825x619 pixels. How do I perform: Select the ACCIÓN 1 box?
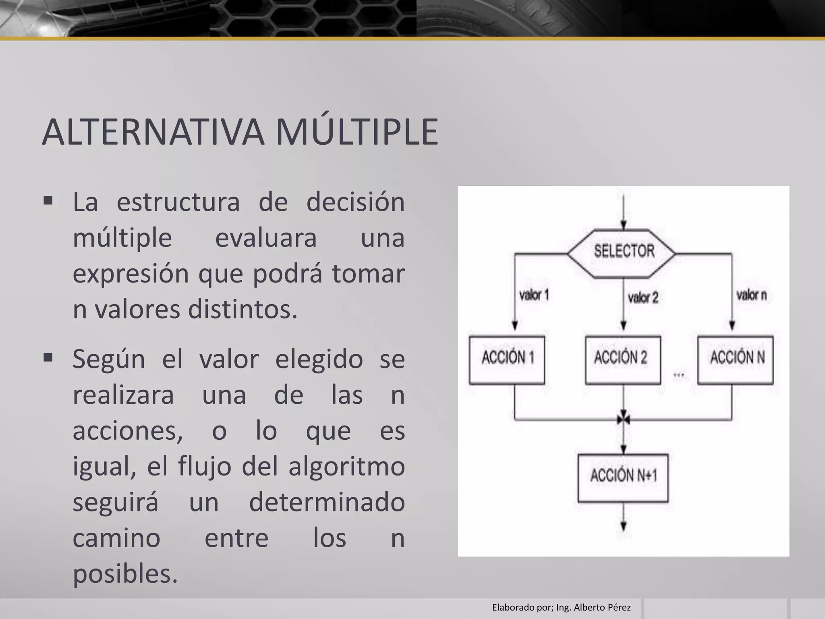507,359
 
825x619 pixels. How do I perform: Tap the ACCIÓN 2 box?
622,359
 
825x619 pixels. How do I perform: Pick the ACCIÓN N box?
735,359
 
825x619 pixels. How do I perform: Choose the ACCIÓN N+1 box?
623,478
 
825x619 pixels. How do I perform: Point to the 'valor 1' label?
534,295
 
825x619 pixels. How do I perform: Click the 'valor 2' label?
643,298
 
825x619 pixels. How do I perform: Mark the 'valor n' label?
751,295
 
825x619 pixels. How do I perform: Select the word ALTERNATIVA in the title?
153,132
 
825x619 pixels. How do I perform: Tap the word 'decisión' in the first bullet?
355,202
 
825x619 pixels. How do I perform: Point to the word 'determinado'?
327,503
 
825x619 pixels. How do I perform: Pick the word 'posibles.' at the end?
125,574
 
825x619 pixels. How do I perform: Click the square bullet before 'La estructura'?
48,200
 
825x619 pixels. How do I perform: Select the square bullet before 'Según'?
48,357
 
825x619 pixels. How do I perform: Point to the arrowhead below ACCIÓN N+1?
623,526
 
